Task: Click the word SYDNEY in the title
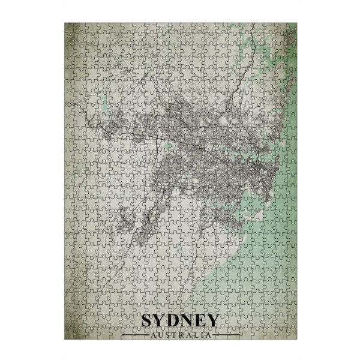click(x=180, y=320)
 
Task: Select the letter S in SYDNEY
click(x=148, y=320)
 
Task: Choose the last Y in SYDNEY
click(x=214, y=320)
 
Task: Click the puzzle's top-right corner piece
click(x=291, y=28)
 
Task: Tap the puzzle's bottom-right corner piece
click(x=291, y=334)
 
